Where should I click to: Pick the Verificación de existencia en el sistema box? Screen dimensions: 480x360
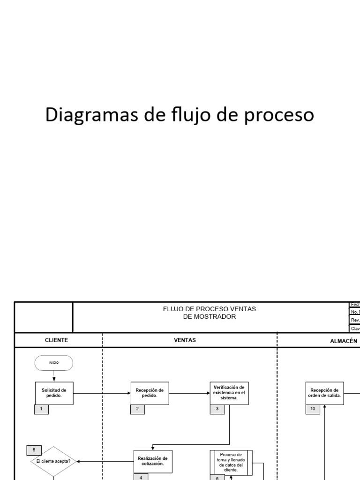(x=229, y=393)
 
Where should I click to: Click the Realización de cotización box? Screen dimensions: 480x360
(x=152, y=461)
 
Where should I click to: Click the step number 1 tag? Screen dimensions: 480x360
(x=42, y=409)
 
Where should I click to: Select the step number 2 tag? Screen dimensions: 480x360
(x=137, y=409)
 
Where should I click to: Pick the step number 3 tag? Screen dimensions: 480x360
(x=217, y=409)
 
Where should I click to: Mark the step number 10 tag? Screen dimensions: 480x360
(x=313, y=409)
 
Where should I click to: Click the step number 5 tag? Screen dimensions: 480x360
(x=34, y=450)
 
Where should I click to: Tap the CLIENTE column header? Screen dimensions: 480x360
(x=57, y=340)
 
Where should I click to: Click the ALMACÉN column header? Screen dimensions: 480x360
(x=344, y=341)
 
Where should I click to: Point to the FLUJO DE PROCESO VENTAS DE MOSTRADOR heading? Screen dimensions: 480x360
(x=210, y=313)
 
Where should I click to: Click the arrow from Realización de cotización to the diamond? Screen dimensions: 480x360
(x=105, y=461)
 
